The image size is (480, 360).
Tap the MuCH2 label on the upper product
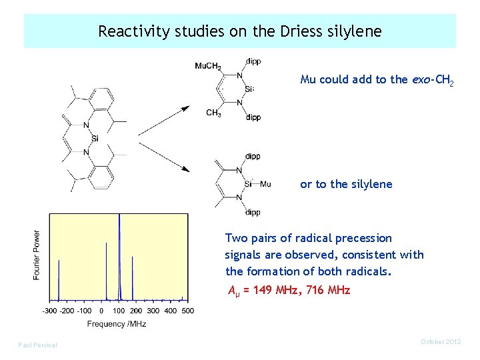(208, 65)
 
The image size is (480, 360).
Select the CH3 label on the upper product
(213, 113)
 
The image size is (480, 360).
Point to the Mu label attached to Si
(265, 184)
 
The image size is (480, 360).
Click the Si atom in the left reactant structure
(96, 139)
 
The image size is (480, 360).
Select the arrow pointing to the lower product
(163, 157)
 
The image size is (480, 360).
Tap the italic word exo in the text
(421, 79)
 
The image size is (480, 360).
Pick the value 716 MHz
(325, 290)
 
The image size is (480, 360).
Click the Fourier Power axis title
(37, 255)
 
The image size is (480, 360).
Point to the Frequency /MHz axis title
(117, 324)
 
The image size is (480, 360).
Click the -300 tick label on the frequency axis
(50, 311)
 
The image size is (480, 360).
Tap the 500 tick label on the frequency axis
(187, 311)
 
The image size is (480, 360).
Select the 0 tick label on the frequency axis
(101, 311)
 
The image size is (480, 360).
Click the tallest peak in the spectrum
(119, 220)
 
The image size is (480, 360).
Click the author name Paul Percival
(37, 345)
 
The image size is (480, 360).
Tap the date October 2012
(441, 342)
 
